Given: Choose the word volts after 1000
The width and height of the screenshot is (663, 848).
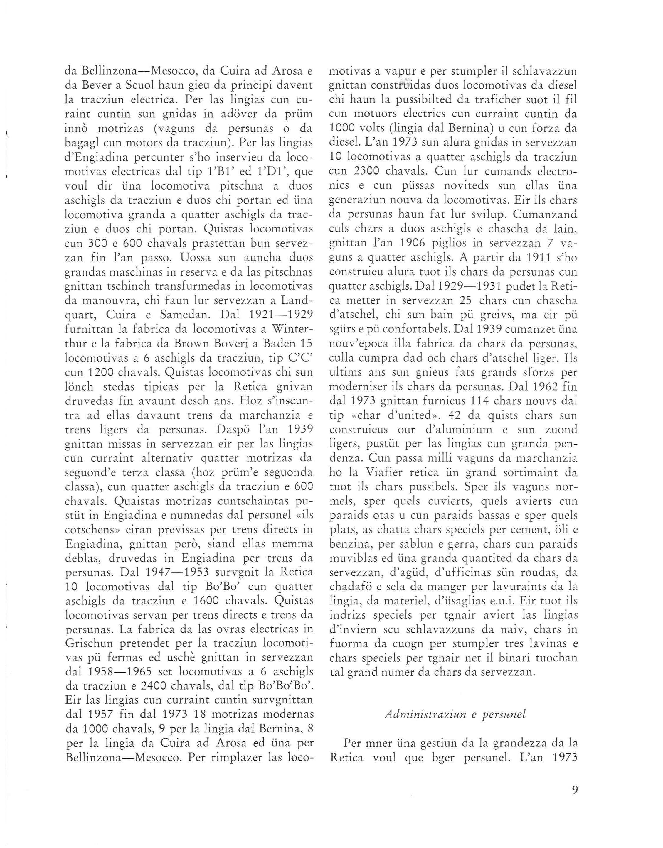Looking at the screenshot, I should [385, 129].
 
